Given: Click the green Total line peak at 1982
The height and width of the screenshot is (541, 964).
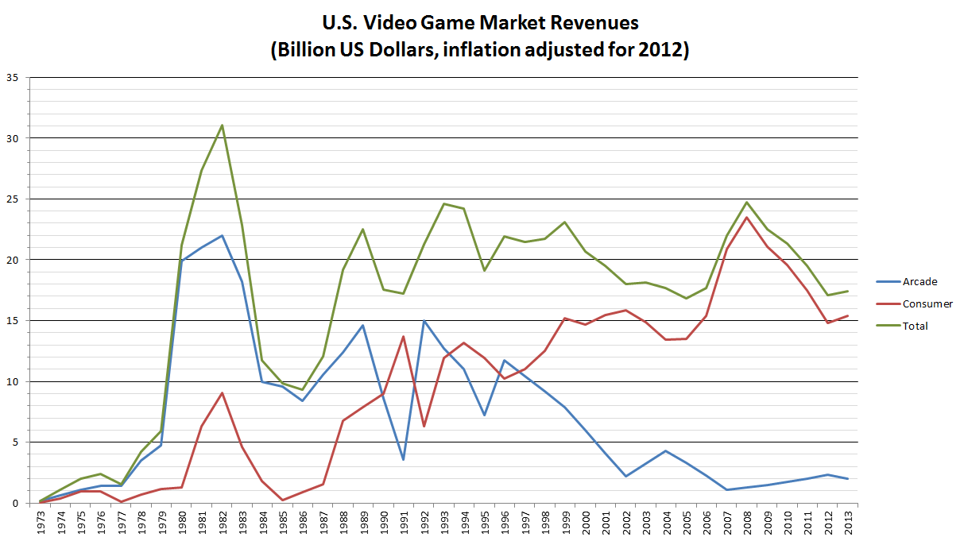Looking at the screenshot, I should click(222, 125).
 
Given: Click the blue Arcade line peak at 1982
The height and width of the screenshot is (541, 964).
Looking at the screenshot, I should click(222, 235).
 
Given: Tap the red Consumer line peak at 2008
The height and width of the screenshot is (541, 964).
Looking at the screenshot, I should click(747, 217).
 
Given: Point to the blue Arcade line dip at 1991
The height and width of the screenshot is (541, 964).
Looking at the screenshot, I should click(404, 459).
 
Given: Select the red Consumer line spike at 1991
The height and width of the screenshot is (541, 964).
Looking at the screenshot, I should click(404, 336).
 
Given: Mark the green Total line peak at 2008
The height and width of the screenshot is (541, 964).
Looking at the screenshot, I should click(747, 202).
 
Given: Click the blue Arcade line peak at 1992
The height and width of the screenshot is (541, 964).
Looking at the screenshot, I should click(424, 321).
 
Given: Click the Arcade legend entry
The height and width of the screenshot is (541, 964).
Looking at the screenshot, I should click(919, 281).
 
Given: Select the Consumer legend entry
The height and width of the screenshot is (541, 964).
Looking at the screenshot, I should click(927, 303).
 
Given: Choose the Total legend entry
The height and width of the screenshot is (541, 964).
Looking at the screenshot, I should click(915, 326).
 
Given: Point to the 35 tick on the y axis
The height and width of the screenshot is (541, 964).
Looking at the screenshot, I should click(13, 77).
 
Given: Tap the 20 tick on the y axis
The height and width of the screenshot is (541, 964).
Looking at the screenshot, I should click(13, 260).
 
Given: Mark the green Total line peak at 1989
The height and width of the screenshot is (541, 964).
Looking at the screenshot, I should click(363, 229).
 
